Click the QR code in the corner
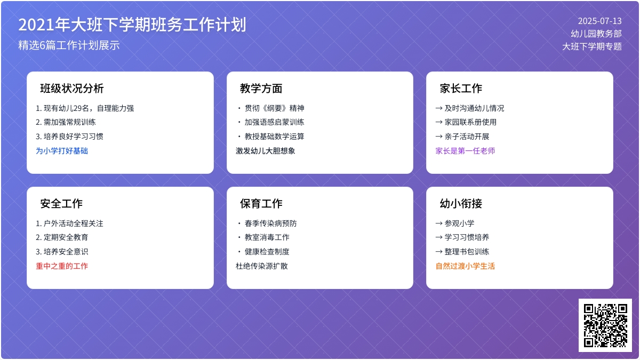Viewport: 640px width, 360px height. pyautogui.click(x=605, y=325)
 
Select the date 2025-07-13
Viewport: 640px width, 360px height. pyautogui.click(x=600, y=21)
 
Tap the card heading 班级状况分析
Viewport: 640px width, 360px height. pyautogui.click(x=72, y=89)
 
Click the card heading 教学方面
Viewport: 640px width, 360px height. pyautogui.click(x=261, y=89)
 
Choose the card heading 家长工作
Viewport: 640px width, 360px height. pyautogui.click(x=461, y=89)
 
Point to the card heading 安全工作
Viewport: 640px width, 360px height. pyautogui.click(x=61, y=204)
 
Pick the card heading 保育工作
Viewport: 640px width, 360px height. pyautogui.click(x=261, y=204)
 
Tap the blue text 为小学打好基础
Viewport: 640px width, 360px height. pyautogui.click(x=62, y=151)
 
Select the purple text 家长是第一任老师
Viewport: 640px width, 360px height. pyautogui.click(x=465, y=151)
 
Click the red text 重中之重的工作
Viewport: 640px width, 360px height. pyautogui.click(x=62, y=266)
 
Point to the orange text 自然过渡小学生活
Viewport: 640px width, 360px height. pyautogui.click(x=465, y=266)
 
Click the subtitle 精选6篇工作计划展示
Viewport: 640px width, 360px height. pyautogui.click(x=69, y=45)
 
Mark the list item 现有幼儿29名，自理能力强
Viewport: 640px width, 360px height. pyautogui.click(x=85, y=108)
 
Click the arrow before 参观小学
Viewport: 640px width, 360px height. pyautogui.click(x=439, y=223)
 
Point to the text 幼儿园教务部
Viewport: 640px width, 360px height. pyautogui.click(x=596, y=34)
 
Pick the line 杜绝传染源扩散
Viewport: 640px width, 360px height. pyautogui.click(x=262, y=266)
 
